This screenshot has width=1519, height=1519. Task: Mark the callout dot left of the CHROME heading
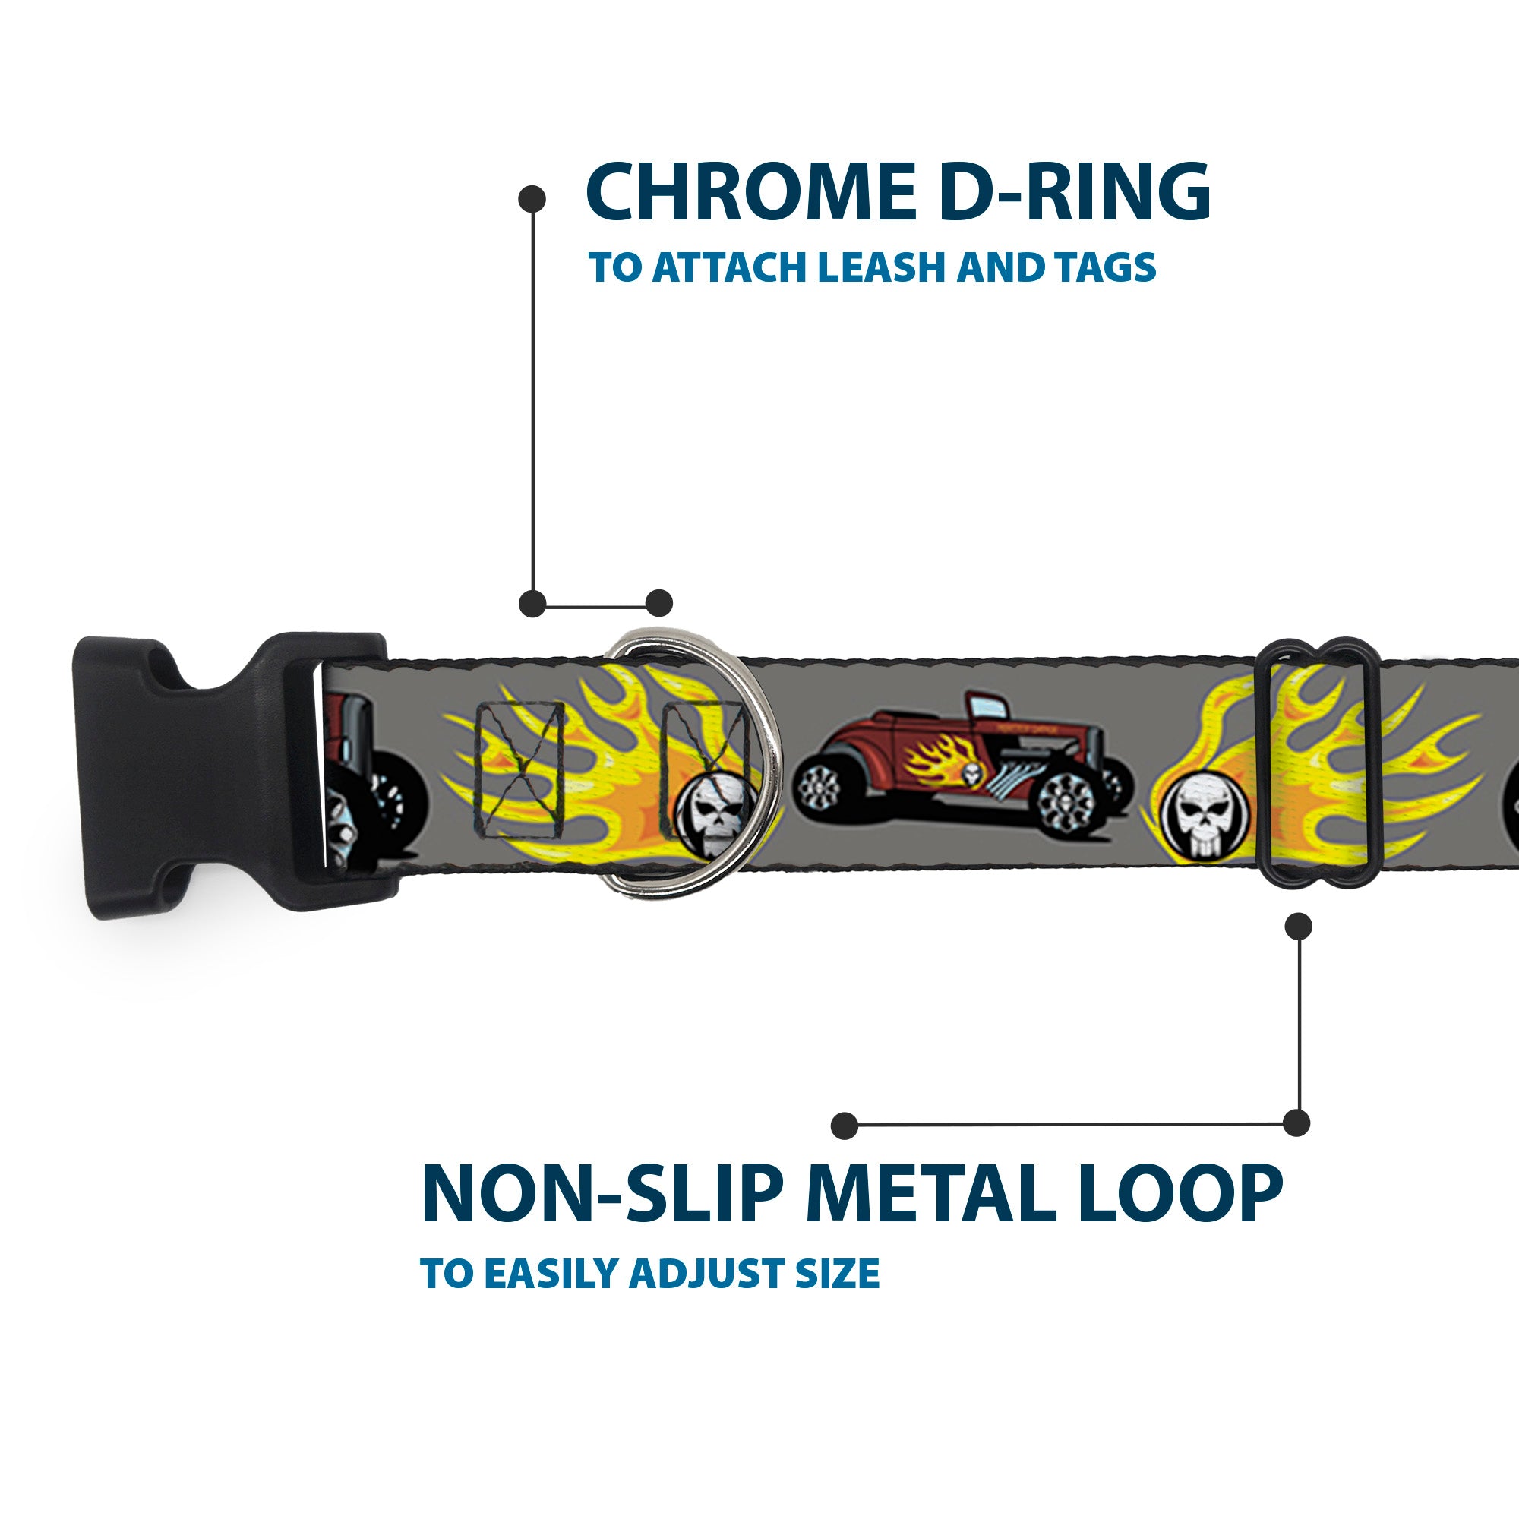coord(532,199)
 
